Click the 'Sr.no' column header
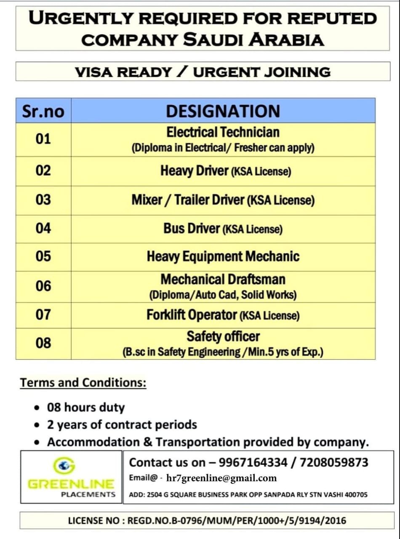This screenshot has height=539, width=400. [x=43, y=111]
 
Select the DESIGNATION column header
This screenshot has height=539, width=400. [x=223, y=111]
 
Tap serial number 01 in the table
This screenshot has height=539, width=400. [x=43, y=139]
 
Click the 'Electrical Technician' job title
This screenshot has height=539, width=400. [x=223, y=132]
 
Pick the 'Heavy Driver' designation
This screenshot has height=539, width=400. [x=194, y=171]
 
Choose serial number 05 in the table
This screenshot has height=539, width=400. [x=43, y=256]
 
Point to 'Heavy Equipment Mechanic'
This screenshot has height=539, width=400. [x=223, y=256]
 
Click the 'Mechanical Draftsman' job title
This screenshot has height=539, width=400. [x=223, y=279]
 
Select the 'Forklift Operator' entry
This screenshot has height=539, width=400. [x=192, y=315]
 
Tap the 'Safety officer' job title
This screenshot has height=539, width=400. [x=223, y=336]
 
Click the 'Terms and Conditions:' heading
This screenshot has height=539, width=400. [x=83, y=383]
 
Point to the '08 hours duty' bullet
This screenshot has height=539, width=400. [x=85, y=408]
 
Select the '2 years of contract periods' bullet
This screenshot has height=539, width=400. [x=122, y=424]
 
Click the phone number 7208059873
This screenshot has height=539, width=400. [x=334, y=462]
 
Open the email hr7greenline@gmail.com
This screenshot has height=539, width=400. [x=221, y=478]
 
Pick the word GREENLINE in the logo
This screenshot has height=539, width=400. [x=71, y=484]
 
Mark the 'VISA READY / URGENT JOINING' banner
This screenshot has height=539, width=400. [x=203, y=72]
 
